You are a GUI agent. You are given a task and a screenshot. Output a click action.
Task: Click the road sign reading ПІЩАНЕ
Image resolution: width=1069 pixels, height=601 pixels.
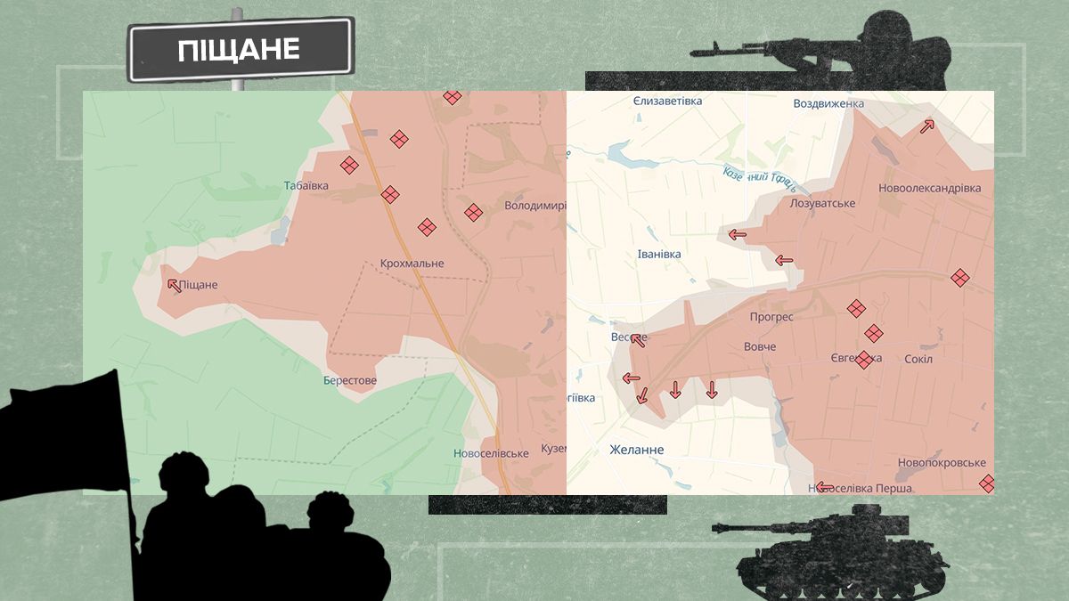[x=241, y=50]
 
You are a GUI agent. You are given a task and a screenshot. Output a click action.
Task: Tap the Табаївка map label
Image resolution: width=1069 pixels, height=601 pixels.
[x=306, y=186]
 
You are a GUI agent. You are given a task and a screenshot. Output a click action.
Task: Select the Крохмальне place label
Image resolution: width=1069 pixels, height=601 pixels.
[x=412, y=264]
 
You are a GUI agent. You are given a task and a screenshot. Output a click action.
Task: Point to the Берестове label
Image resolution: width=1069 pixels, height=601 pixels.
[x=350, y=381]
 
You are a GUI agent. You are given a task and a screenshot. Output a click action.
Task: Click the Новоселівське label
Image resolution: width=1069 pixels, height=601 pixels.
[x=491, y=453]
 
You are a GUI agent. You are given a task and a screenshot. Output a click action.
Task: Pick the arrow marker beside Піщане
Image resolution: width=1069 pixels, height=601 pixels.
[x=173, y=285]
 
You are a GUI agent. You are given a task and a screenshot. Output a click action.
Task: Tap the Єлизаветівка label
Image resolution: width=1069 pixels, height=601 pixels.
[x=667, y=102]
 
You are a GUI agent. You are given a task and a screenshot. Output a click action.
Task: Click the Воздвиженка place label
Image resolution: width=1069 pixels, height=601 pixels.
[x=828, y=104]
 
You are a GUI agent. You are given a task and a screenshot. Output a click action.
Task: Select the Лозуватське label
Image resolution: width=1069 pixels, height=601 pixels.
[x=822, y=204]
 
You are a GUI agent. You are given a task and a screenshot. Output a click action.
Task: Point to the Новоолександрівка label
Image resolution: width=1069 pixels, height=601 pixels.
[x=929, y=189]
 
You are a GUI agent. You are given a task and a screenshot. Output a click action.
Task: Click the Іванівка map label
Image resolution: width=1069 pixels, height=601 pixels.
[x=659, y=255]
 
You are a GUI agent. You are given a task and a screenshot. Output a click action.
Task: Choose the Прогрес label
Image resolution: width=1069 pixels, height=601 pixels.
[x=771, y=317]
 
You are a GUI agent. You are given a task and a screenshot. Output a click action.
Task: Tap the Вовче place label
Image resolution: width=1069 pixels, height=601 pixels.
[x=760, y=347]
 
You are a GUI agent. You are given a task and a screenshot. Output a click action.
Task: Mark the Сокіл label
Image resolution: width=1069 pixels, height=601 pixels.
[x=918, y=359]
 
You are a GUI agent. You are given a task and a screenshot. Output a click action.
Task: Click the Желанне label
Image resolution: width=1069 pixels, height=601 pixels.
[x=636, y=451]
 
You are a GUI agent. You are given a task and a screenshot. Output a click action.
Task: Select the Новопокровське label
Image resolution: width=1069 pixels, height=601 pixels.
[x=942, y=463]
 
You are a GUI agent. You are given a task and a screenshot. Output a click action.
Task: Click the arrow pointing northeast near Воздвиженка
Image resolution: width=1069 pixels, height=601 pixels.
[x=927, y=126]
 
